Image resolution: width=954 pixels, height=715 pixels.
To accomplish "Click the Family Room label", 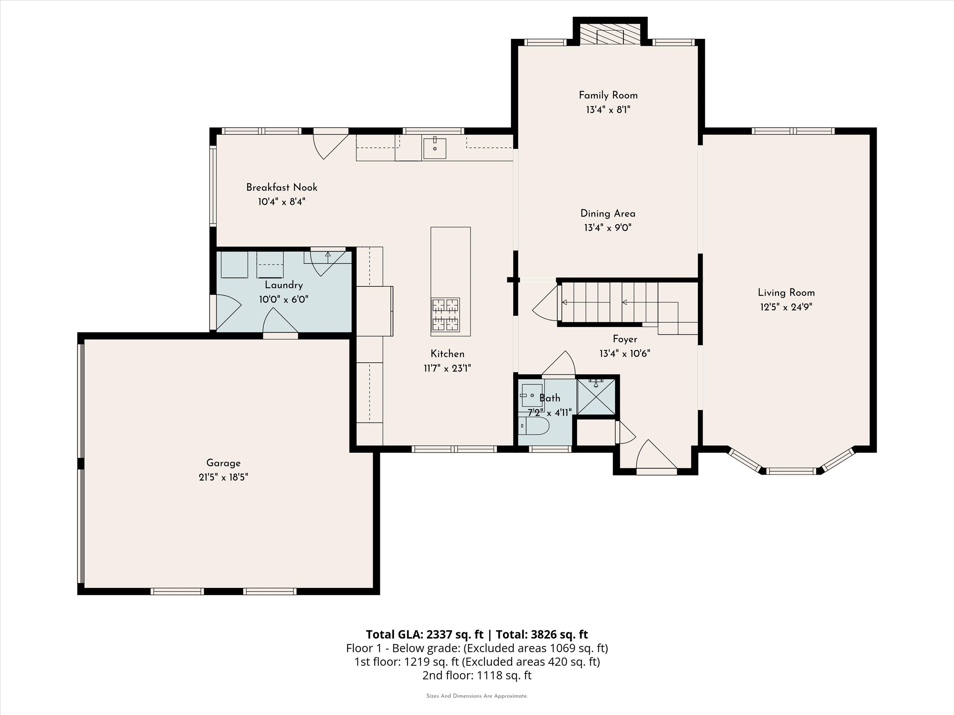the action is [608, 95].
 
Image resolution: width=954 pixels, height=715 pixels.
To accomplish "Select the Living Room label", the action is [786, 292].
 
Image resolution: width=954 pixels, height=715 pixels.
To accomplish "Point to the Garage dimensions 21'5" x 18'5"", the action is [223, 477].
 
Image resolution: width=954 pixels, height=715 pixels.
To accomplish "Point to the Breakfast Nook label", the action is [282, 188].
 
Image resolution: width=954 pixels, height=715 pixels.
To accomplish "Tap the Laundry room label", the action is [284, 285].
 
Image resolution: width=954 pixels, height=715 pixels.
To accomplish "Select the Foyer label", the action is [625, 339].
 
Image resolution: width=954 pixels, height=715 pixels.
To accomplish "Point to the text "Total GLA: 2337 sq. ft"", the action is [425, 635].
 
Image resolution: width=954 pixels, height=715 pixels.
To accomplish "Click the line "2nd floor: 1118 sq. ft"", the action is [477, 675].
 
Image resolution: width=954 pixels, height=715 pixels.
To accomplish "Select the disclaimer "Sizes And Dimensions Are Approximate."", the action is [477, 696].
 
